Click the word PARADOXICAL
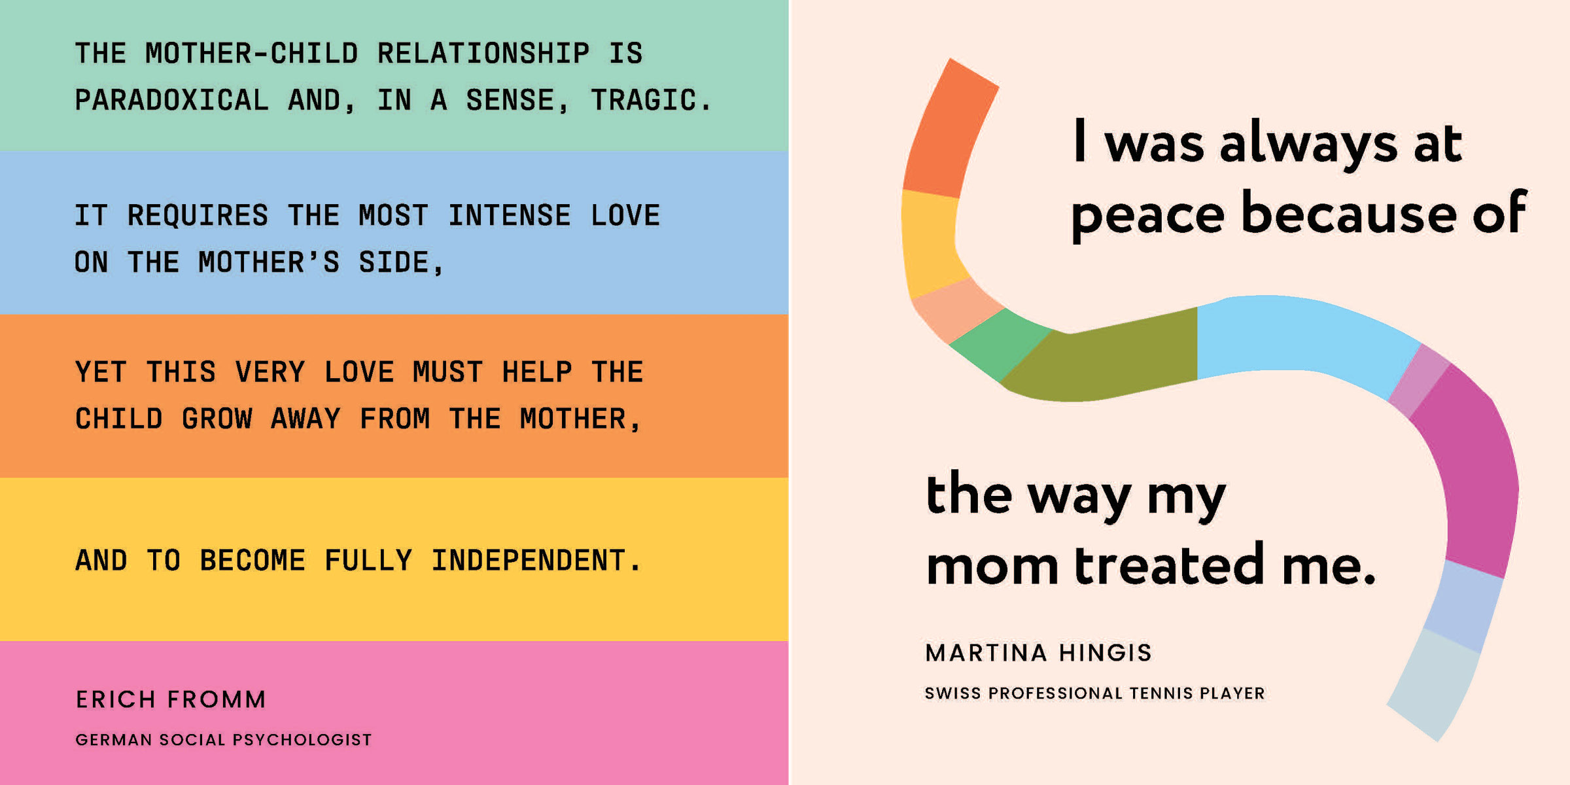(x=172, y=100)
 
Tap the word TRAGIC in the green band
(x=644, y=100)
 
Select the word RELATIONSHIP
(x=483, y=53)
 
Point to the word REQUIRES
(x=198, y=215)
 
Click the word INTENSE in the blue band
(x=510, y=215)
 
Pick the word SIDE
(x=394, y=262)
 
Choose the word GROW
(x=217, y=419)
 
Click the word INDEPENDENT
(x=529, y=560)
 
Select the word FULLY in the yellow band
(x=368, y=560)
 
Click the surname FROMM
(x=217, y=699)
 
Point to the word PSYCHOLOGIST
(x=302, y=740)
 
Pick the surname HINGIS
(x=1106, y=652)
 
